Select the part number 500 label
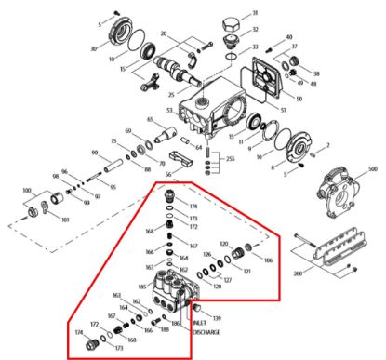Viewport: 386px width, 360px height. click(373, 170)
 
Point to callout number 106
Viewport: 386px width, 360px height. click(268, 261)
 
